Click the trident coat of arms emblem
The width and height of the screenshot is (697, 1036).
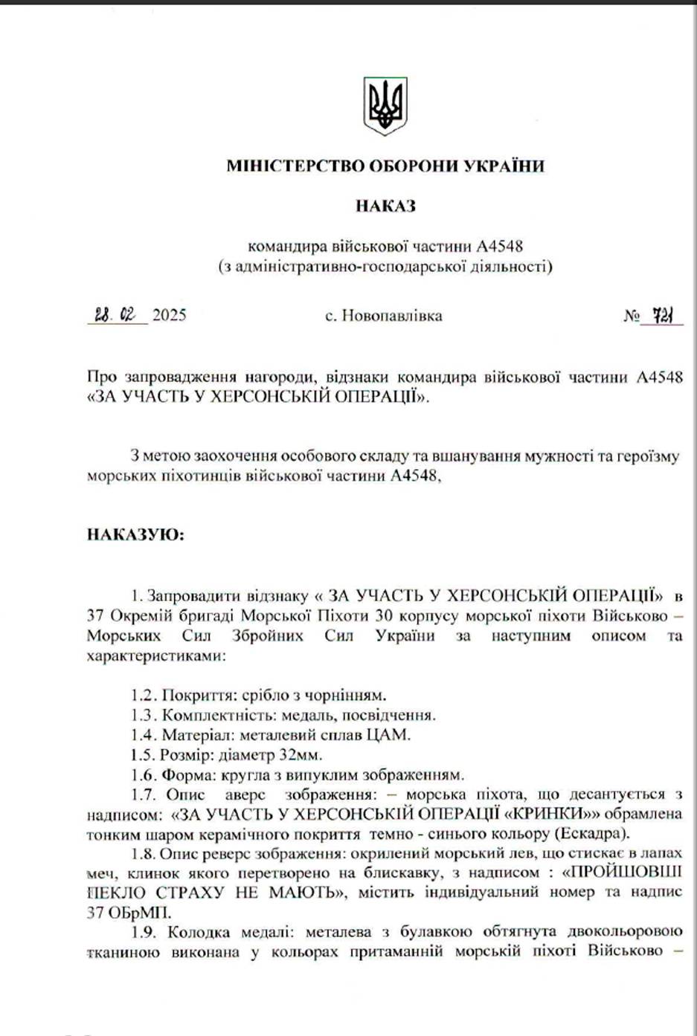point(385,106)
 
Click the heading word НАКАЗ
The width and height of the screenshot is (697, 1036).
point(385,207)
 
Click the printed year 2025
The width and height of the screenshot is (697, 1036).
point(170,315)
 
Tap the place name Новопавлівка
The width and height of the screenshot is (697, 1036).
point(392,316)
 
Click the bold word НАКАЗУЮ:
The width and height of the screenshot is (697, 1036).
point(135,534)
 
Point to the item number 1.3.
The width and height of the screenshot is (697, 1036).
point(144,715)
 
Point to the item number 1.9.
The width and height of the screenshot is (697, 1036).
point(144,933)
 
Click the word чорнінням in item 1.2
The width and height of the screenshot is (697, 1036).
point(351,696)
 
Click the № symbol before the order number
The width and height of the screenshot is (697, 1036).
point(631,317)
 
